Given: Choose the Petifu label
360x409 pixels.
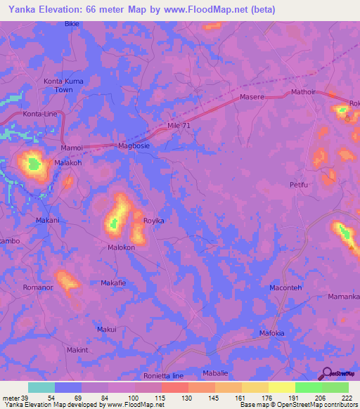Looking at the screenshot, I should (x=299, y=186).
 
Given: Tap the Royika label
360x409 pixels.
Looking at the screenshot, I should (x=153, y=221).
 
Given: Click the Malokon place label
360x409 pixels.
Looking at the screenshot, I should (x=121, y=247).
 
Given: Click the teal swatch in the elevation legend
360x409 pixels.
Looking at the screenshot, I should (x=41, y=387).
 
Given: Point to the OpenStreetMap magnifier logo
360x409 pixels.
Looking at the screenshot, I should (x=325, y=374).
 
